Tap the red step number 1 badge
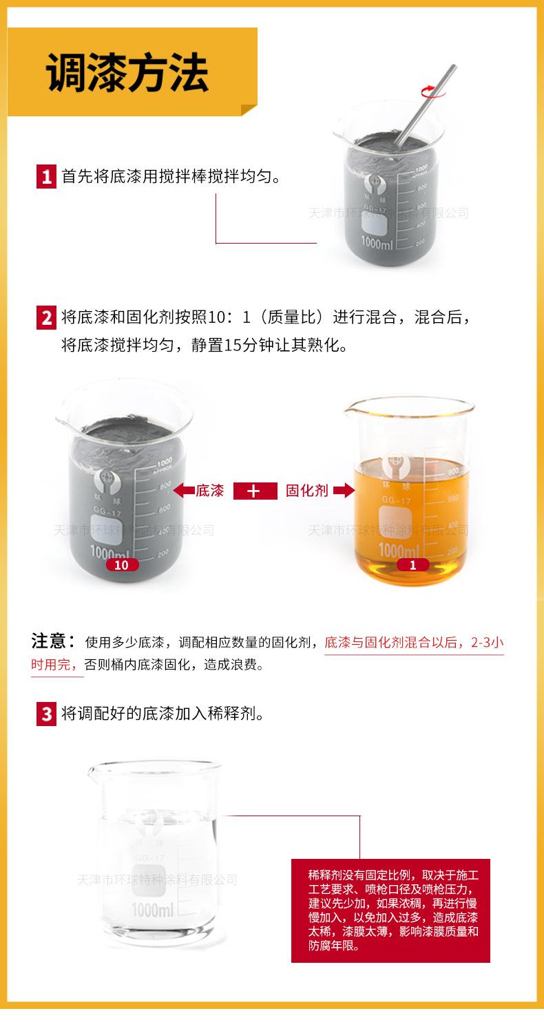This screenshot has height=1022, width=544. [46, 177]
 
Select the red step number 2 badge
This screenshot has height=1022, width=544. [46, 318]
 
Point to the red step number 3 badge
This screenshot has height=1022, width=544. [46, 714]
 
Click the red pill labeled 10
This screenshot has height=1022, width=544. [122, 565]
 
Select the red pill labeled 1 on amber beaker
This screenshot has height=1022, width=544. [413, 565]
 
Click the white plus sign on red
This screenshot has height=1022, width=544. [254, 491]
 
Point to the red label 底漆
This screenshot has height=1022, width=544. [210, 491]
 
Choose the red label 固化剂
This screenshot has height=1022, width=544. [306, 491]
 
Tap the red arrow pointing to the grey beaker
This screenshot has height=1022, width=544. [183, 491]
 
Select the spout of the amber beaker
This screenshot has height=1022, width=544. [349, 414]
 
